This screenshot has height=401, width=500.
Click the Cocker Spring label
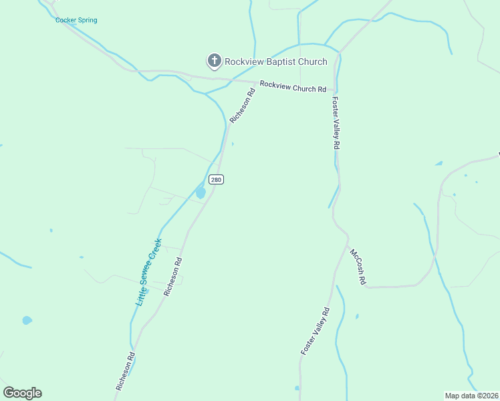pyautogui.click(x=76, y=20)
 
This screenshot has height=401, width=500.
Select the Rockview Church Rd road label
pyautogui.click(x=293, y=87)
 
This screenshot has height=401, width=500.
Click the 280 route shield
pyautogui.click(x=215, y=179)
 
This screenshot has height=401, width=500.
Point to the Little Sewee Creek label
pyautogui.click(x=149, y=272)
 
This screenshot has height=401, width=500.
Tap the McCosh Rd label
pyautogui.click(x=358, y=267)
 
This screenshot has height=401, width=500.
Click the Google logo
pyautogui.click(x=22, y=393)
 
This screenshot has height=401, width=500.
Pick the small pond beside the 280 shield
pyautogui.click(x=201, y=193)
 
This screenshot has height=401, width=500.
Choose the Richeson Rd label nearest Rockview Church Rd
pyautogui.click(x=243, y=106)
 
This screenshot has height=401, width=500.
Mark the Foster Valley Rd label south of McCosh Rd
pyautogui.click(x=315, y=331)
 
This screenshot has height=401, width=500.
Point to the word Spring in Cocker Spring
pyautogui.click(x=86, y=20)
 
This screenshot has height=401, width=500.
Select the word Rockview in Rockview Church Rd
pyautogui.click(x=275, y=85)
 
